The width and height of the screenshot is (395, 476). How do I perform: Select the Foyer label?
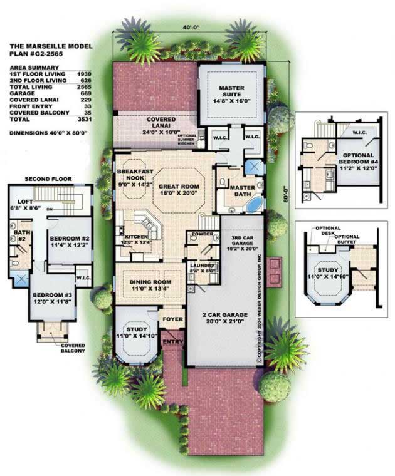click(173, 319)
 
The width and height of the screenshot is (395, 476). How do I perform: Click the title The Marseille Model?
click(51, 46)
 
